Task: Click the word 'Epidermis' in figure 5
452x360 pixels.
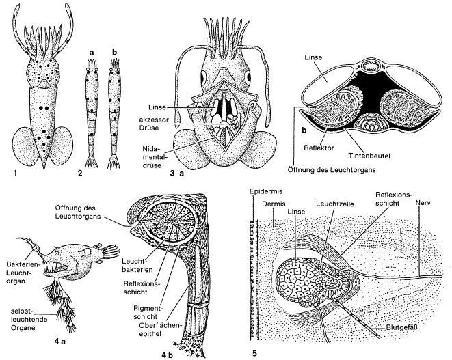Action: [x=263, y=192]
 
